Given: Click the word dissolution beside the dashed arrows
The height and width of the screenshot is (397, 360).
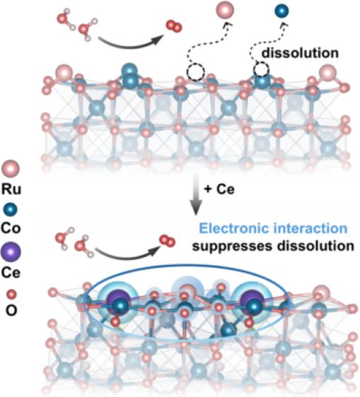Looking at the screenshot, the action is click(300, 53).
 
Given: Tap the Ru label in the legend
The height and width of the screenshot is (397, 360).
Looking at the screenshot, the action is click(11, 189).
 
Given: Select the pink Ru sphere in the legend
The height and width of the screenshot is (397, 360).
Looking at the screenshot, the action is click(11, 168).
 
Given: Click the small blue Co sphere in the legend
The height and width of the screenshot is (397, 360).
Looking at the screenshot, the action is click(11, 210).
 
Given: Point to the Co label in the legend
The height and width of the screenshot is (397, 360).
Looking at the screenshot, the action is click(11, 228).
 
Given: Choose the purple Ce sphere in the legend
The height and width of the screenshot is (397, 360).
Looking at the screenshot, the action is click(11, 252).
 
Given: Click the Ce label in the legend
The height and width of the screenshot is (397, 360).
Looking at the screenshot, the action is click(11, 273).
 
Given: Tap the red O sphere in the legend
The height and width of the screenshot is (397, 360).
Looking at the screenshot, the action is click(11, 295).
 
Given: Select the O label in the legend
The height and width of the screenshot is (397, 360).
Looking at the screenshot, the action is click(11, 310).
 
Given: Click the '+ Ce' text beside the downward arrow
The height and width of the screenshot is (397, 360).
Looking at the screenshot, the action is click(219, 189).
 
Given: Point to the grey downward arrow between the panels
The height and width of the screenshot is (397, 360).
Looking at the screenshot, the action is click(196, 195).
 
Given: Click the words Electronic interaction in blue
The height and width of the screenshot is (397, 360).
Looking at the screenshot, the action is click(273, 228).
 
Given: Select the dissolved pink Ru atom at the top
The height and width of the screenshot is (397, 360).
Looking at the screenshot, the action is click(225, 11).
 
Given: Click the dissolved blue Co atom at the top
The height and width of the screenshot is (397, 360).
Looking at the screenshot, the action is click(281, 11).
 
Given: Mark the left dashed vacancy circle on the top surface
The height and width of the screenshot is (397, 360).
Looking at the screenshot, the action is click(196, 73).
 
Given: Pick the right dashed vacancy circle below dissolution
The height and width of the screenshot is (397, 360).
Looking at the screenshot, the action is click(261, 69).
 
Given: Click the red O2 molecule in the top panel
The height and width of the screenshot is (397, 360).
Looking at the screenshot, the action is click(174, 26).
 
